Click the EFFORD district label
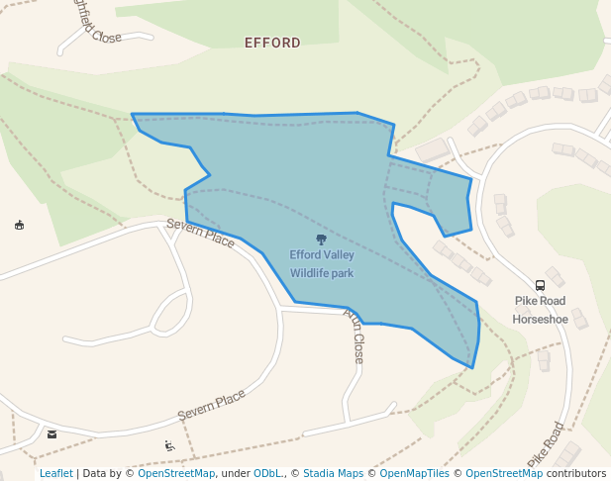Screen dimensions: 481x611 (x=272, y=43)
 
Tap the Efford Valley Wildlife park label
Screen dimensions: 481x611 (x=321, y=263)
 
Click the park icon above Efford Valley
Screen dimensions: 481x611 (x=321, y=240)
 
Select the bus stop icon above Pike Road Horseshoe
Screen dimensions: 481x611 (x=540, y=285)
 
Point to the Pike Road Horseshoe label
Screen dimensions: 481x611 (x=540, y=310)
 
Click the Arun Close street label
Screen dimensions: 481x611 (x=355, y=335)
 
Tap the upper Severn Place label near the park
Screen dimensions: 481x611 (x=200, y=234)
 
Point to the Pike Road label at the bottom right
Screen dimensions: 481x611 (x=546, y=445)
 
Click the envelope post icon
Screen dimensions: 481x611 (x=51, y=433)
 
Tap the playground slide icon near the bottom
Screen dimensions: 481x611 (x=169, y=445)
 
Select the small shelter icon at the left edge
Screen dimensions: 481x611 (x=19, y=226)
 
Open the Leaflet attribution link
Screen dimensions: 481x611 (x=55, y=473)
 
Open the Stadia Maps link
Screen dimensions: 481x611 (x=333, y=473)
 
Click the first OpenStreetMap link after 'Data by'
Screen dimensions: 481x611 (x=176, y=473)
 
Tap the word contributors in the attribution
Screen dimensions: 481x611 (x=575, y=473)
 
